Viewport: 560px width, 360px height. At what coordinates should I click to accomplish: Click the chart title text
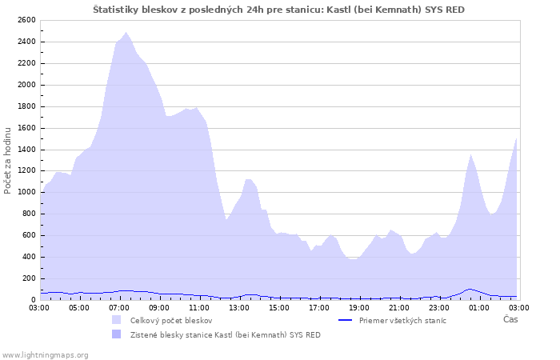278,10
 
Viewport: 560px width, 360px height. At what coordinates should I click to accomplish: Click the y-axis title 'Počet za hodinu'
8,160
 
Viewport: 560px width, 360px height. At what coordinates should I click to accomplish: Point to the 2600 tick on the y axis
26,20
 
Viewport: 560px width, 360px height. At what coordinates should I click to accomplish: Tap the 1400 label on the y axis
26,149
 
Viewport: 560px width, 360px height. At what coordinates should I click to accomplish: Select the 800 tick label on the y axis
28,214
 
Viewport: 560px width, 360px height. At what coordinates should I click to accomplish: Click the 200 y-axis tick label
28,278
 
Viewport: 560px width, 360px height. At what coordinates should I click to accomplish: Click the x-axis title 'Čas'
510,319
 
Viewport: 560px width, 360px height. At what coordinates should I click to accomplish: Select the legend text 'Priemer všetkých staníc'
402,320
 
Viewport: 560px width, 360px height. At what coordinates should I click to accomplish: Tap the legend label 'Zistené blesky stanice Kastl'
225,334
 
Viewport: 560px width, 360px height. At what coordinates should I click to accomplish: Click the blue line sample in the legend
346,320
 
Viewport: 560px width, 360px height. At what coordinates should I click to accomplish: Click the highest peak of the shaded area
126,33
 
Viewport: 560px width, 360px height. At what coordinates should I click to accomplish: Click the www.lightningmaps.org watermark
45,354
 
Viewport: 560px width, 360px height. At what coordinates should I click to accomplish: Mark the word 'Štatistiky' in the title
116,10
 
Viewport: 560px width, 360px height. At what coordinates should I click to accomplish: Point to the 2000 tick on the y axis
26,85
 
